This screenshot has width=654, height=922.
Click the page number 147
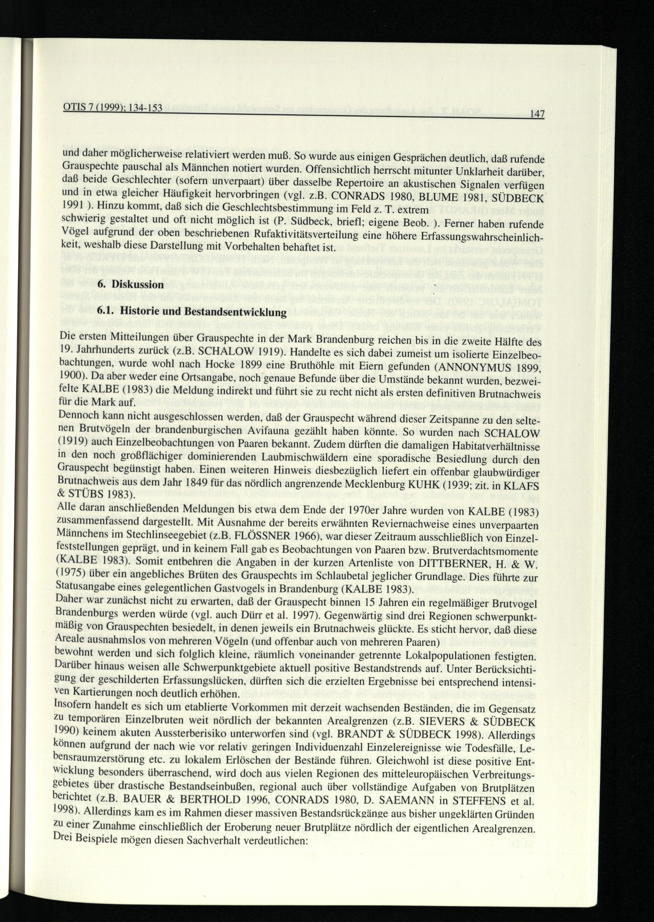(x=537, y=115)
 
